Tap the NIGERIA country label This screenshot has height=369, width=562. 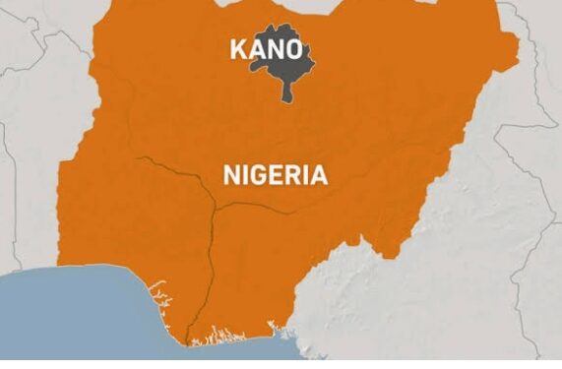click(x=275, y=175)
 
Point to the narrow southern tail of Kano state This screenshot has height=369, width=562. click(x=286, y=93)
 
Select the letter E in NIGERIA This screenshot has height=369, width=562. click(x=269, y=175)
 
